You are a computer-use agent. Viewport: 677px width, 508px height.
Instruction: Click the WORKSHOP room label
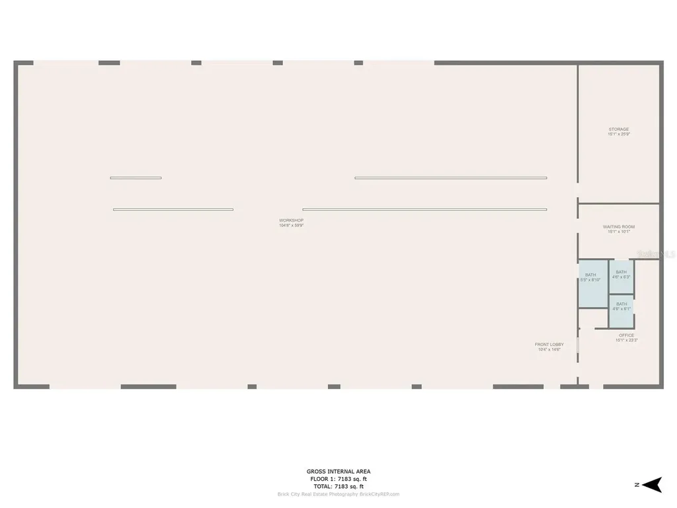coord(291,220)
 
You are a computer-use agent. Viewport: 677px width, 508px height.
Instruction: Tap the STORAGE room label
coord(619,130)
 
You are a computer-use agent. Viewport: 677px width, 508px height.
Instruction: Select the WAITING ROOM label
coord(619,227)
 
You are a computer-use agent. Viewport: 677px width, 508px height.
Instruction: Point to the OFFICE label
coord(626,335)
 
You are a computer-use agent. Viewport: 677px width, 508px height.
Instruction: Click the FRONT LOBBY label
coord(549,345)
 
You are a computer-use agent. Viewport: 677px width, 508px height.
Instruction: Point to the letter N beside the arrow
coord(636,485)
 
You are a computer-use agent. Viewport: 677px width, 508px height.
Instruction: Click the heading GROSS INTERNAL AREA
coord(338,472)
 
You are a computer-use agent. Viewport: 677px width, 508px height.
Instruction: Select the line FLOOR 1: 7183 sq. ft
coord(338,479)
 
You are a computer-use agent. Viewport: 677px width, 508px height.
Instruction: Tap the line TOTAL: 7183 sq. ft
coord(338,486)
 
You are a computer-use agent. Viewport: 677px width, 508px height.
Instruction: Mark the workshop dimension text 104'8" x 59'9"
coord(291,226)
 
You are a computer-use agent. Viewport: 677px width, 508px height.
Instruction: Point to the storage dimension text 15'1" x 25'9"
coord(619,134)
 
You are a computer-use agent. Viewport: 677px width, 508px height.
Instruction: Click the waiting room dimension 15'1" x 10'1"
coord(619,232)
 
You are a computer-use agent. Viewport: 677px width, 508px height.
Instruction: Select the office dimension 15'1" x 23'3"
coord(626,340)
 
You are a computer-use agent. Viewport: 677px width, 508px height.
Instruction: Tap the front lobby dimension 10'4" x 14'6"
coord(549,349)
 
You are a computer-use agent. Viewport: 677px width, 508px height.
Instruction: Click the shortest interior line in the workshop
coord(136,178)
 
